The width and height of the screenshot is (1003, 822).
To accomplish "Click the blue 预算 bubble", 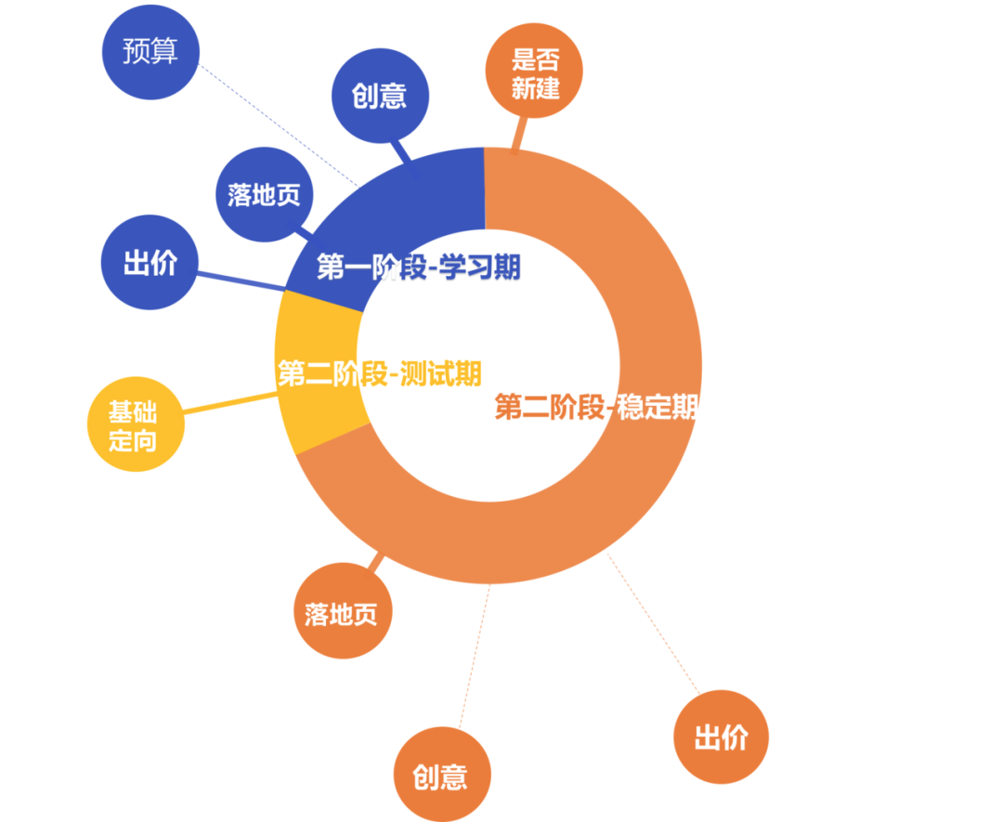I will (x=150, y=51).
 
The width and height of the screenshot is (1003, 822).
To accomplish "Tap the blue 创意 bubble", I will (x=380, y=96).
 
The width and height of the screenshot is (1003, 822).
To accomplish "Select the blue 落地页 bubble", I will (x=264, y=194).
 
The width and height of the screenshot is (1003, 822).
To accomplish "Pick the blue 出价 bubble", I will (x=150, y=264).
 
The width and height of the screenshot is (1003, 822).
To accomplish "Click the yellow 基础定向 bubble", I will (x=135, y=425).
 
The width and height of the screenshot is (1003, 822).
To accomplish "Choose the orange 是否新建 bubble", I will (x=535, y=74).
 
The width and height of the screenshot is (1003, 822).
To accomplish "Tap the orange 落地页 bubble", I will (x=342, y=612).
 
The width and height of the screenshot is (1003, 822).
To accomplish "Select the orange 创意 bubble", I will (x=441, y=776).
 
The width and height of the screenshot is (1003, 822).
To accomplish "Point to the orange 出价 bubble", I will (x=721, y=737).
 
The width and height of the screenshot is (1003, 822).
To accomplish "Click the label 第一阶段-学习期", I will (x=418, y=267).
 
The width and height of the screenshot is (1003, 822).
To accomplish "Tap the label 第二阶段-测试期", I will (x=379, y=373).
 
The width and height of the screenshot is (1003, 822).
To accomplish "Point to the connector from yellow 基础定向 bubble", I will (x=230, y=401).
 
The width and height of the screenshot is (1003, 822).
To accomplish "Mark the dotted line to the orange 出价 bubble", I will (x=654, y=622).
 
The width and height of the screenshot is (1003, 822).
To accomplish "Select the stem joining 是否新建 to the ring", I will (x=518, y=133).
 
